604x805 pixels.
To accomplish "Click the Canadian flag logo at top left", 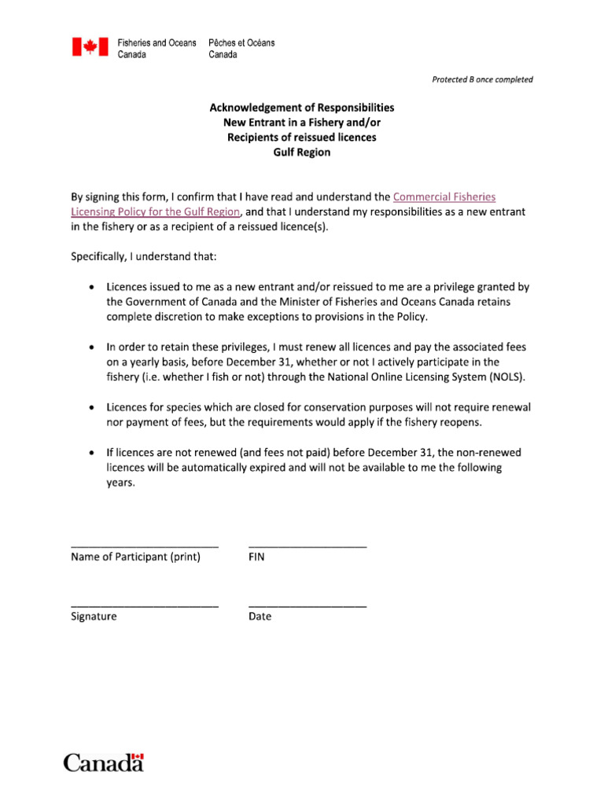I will tap(90, 48).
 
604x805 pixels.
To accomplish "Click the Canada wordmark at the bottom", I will tap(103, 762).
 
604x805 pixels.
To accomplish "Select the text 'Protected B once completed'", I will tap(482, 79).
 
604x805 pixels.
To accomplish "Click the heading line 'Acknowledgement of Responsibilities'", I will tap(301, 108).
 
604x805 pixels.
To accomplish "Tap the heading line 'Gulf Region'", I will tap(301, 153).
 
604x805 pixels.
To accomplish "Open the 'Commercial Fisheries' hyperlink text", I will tap(444, 197).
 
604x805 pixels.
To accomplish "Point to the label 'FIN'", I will tap(256, 557).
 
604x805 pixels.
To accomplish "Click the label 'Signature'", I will tap(94, 617).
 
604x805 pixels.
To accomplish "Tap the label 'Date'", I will tap(260, 617).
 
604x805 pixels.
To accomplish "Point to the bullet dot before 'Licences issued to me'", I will tap(92, 288).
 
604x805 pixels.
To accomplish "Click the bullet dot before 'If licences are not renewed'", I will tap(92, 453).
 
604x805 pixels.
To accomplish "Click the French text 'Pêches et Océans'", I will tap(241, 42).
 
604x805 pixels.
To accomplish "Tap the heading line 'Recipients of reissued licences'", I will tap(301, 138).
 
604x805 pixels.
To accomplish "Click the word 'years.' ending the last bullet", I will tap(121, 483).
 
